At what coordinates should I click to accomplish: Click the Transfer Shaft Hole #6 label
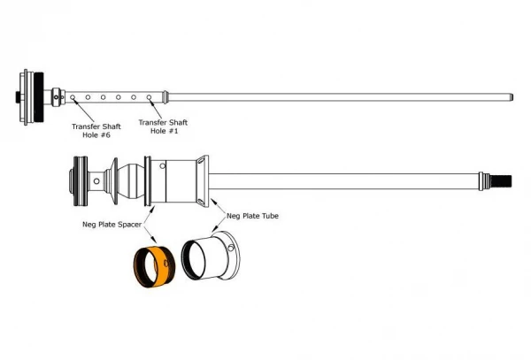(96, 131)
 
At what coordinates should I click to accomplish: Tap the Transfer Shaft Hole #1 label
(163, 126)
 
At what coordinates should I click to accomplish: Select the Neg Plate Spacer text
(112, 225)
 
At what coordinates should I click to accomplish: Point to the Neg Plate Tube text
(252, 216)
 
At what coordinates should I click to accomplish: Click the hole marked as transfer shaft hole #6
(73, 97)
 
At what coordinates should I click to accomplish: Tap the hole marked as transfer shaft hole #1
(149, 97)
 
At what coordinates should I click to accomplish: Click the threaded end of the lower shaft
(501, 181)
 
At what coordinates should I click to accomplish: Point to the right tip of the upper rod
(512, 97)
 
